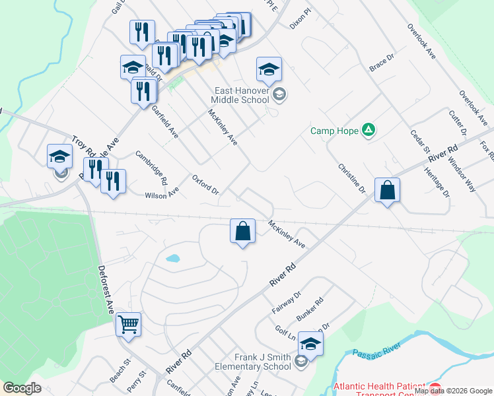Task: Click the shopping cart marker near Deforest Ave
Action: [x=128, y=323]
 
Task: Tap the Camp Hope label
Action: [x=335, y=130]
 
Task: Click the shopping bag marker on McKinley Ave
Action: [x=243, y=231]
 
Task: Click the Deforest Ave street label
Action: [x=105, y=289]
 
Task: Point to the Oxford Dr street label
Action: [x=205, y=185]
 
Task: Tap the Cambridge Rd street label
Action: [x=152, y=167]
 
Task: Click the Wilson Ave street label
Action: [x=162, y=194]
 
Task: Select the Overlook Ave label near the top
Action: [x=421, y=42]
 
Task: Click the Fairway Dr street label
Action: [x=286, y=302]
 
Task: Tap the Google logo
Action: [x=22, y=389]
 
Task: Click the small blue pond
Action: [x=172, y=258]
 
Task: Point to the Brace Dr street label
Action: [x=381, y=64]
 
